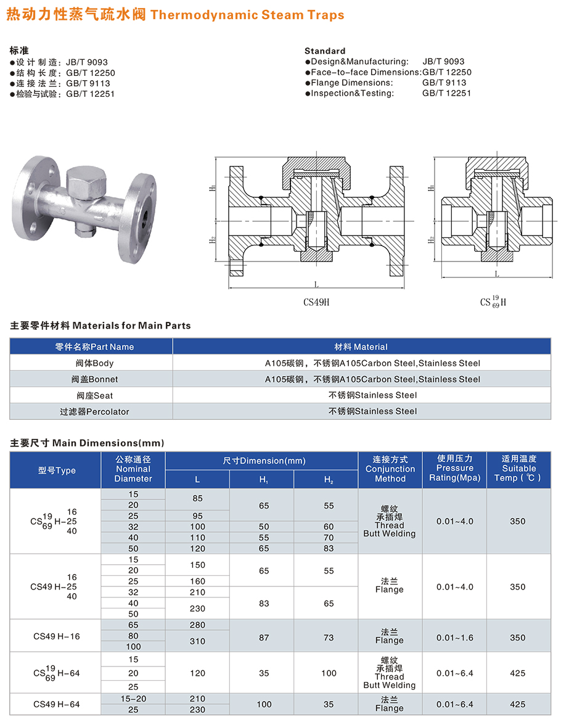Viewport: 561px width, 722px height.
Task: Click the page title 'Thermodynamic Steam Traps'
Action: (247, 15)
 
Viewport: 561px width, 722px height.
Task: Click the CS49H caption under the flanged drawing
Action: (316, 303)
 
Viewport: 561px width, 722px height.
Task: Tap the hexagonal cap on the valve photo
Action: (86, 183)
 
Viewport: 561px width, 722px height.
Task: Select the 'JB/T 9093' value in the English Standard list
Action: (444, 62)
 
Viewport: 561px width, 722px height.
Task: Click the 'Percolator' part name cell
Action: (94, 412)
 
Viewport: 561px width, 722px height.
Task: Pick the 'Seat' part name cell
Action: (94, 396)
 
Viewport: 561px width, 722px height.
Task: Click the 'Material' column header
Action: (361, 347)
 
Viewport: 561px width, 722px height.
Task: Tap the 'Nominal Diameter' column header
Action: (133, 469)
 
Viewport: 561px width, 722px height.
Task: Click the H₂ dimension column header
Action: (329, 480)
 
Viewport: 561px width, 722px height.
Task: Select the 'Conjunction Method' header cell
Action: (390, 469)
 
